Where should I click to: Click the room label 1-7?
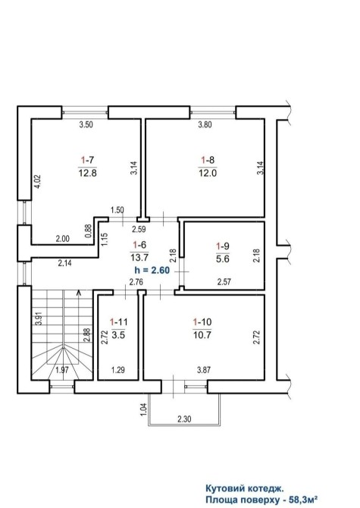coord(87,160)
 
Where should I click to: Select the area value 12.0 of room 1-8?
coord(208,173)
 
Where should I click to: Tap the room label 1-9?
coord(223,246)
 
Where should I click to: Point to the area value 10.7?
coord(202,334)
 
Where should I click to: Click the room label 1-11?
coord(118,322)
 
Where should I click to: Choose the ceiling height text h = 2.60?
coord(152,270)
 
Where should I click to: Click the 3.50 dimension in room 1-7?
coord(86,124)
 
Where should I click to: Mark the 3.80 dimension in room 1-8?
coord(205,124)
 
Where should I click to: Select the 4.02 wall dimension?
coord(38,182)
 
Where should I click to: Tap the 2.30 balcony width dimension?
coord(184,419)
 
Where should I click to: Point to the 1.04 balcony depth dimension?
coord(145,409)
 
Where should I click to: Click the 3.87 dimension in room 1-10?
coord(204,370)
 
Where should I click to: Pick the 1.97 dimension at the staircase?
coord(62,370)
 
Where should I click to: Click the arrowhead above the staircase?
coord(78,293)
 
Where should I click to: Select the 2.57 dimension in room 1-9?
coord(224,282)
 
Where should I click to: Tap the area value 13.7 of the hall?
coord(139,258)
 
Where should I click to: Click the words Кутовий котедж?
coord(245,488)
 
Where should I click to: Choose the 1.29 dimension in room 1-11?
coord(118,370)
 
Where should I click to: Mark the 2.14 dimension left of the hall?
coord(64,263)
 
